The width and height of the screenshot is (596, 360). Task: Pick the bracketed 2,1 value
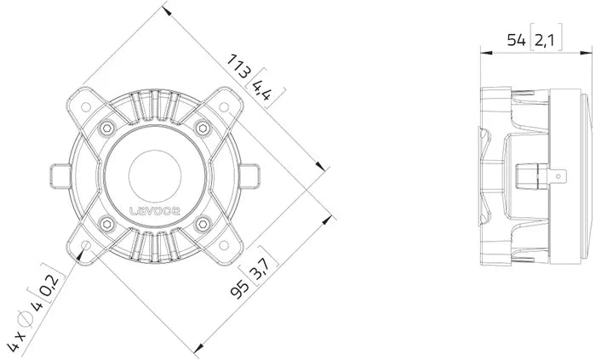tap(546, 39)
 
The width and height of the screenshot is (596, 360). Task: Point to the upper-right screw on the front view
tap(203, 128)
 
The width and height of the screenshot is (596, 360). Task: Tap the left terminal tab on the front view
tap(60, 177)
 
